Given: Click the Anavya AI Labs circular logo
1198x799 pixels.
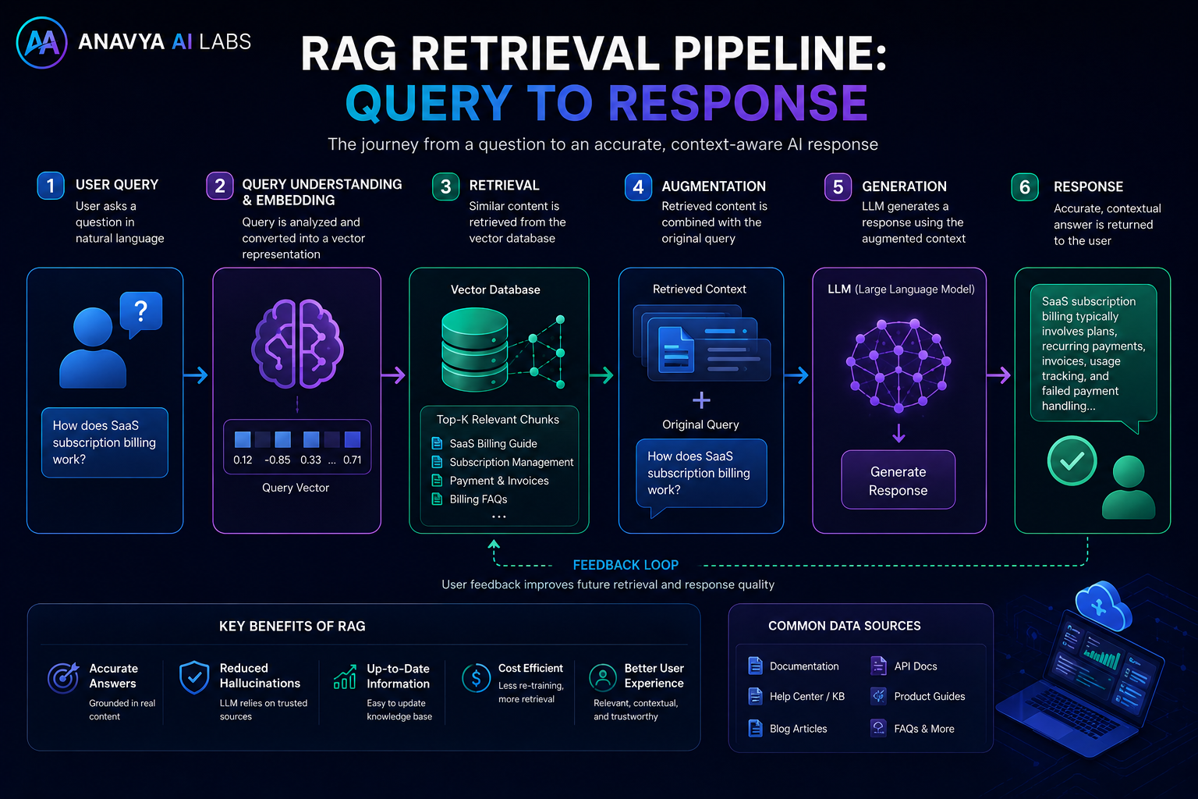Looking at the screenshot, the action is coord(41,42).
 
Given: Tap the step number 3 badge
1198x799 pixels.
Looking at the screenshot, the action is coord(445,186).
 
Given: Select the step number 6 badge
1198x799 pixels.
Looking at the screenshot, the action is coord(1025,186).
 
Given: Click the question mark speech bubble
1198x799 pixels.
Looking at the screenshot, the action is coord(140,314).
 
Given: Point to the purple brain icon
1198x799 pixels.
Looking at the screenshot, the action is coord(297,343).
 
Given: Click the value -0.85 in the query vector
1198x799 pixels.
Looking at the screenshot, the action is coord(278,460).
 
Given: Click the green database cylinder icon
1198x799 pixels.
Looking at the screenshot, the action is coord(474,349).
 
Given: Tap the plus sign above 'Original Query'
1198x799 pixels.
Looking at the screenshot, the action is coord(701,399).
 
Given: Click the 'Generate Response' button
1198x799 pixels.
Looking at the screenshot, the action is coord(898,480).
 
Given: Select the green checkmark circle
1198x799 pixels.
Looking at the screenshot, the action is coord(1072,461).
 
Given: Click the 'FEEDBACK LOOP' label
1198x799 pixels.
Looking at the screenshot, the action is coord(626,565).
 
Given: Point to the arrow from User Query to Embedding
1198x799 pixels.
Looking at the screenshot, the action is coord(196,375).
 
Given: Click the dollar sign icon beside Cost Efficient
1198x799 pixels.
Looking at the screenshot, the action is coord(476,677).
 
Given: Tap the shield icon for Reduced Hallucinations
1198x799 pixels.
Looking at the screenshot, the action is coord(194,677).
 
